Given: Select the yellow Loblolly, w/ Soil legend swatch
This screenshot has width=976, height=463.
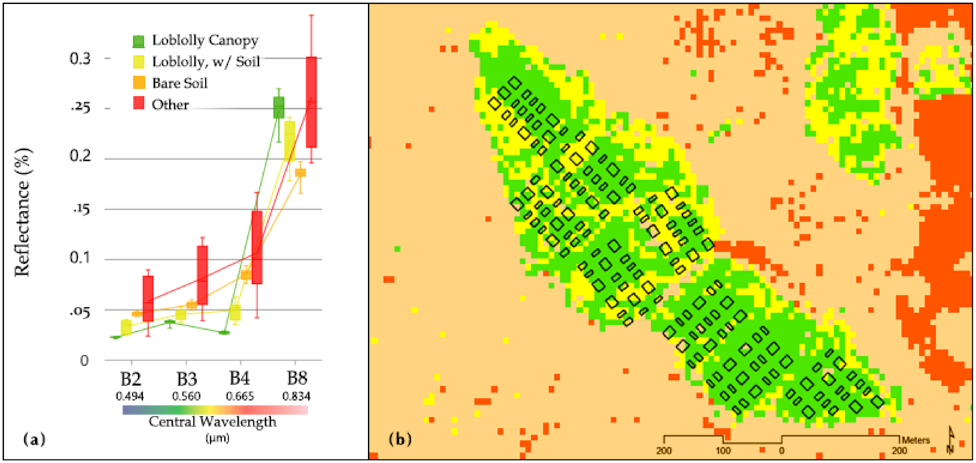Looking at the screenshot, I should (x=139, y=62).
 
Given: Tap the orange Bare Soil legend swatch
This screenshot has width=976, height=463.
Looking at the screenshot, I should (x=139, y=83).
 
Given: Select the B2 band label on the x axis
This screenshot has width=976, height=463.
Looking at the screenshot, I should (x=131, y=379).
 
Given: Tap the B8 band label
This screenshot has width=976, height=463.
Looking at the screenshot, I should (x=297, y=378).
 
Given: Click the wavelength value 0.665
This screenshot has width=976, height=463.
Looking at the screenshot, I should (x=240, y=396).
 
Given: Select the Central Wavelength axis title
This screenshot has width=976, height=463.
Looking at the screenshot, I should (x=212, y=421).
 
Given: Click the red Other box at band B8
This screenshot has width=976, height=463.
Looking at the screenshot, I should (x=312, y=102).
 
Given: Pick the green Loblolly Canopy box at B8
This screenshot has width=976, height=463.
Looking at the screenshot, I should (x=279, y=107).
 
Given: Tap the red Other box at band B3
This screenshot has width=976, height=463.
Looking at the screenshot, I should (x=202, y=275).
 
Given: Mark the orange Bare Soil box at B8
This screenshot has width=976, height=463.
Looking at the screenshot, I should (x=300, y=173).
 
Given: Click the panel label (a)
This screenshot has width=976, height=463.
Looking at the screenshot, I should (x=34, y=439).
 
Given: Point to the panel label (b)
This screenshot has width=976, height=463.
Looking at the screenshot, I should (x=400, y=439).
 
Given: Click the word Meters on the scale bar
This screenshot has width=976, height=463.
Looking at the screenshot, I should (x=915, y=440).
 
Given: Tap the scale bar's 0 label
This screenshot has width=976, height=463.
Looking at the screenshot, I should (x=781, y=451).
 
